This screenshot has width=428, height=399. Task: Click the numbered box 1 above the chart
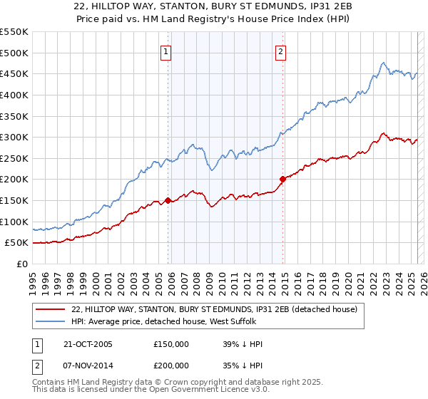coord(165,51)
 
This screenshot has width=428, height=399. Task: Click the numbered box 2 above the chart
coord(280,51)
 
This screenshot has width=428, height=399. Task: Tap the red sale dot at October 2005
coord(168,200)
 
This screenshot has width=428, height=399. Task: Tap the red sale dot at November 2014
coord(282,179)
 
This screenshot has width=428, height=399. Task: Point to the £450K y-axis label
coord(14,73)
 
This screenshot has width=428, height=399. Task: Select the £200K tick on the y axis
coord(14,179)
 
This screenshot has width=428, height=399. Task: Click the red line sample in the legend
coord(51,310)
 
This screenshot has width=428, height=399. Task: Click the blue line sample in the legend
coord(51,322)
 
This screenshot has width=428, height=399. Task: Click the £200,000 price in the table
coord(171,364)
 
